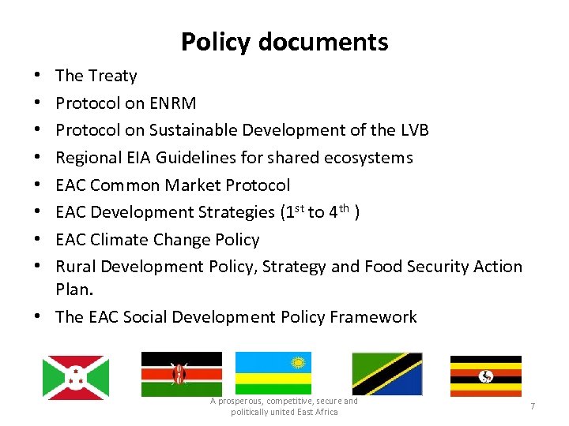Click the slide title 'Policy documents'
click(x=284, y=42)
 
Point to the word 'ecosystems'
click(x=371, y=158)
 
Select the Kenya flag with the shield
click(x=181, y=373)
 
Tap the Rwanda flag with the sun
click(x=273, y=373)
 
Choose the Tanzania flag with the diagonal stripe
click(x=386, y=373)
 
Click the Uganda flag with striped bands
click(x=485, y=376)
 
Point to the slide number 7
click(x=533, y=405)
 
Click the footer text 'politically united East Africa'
click(x=284, y=412)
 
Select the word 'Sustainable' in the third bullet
click(x=187, y=130)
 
